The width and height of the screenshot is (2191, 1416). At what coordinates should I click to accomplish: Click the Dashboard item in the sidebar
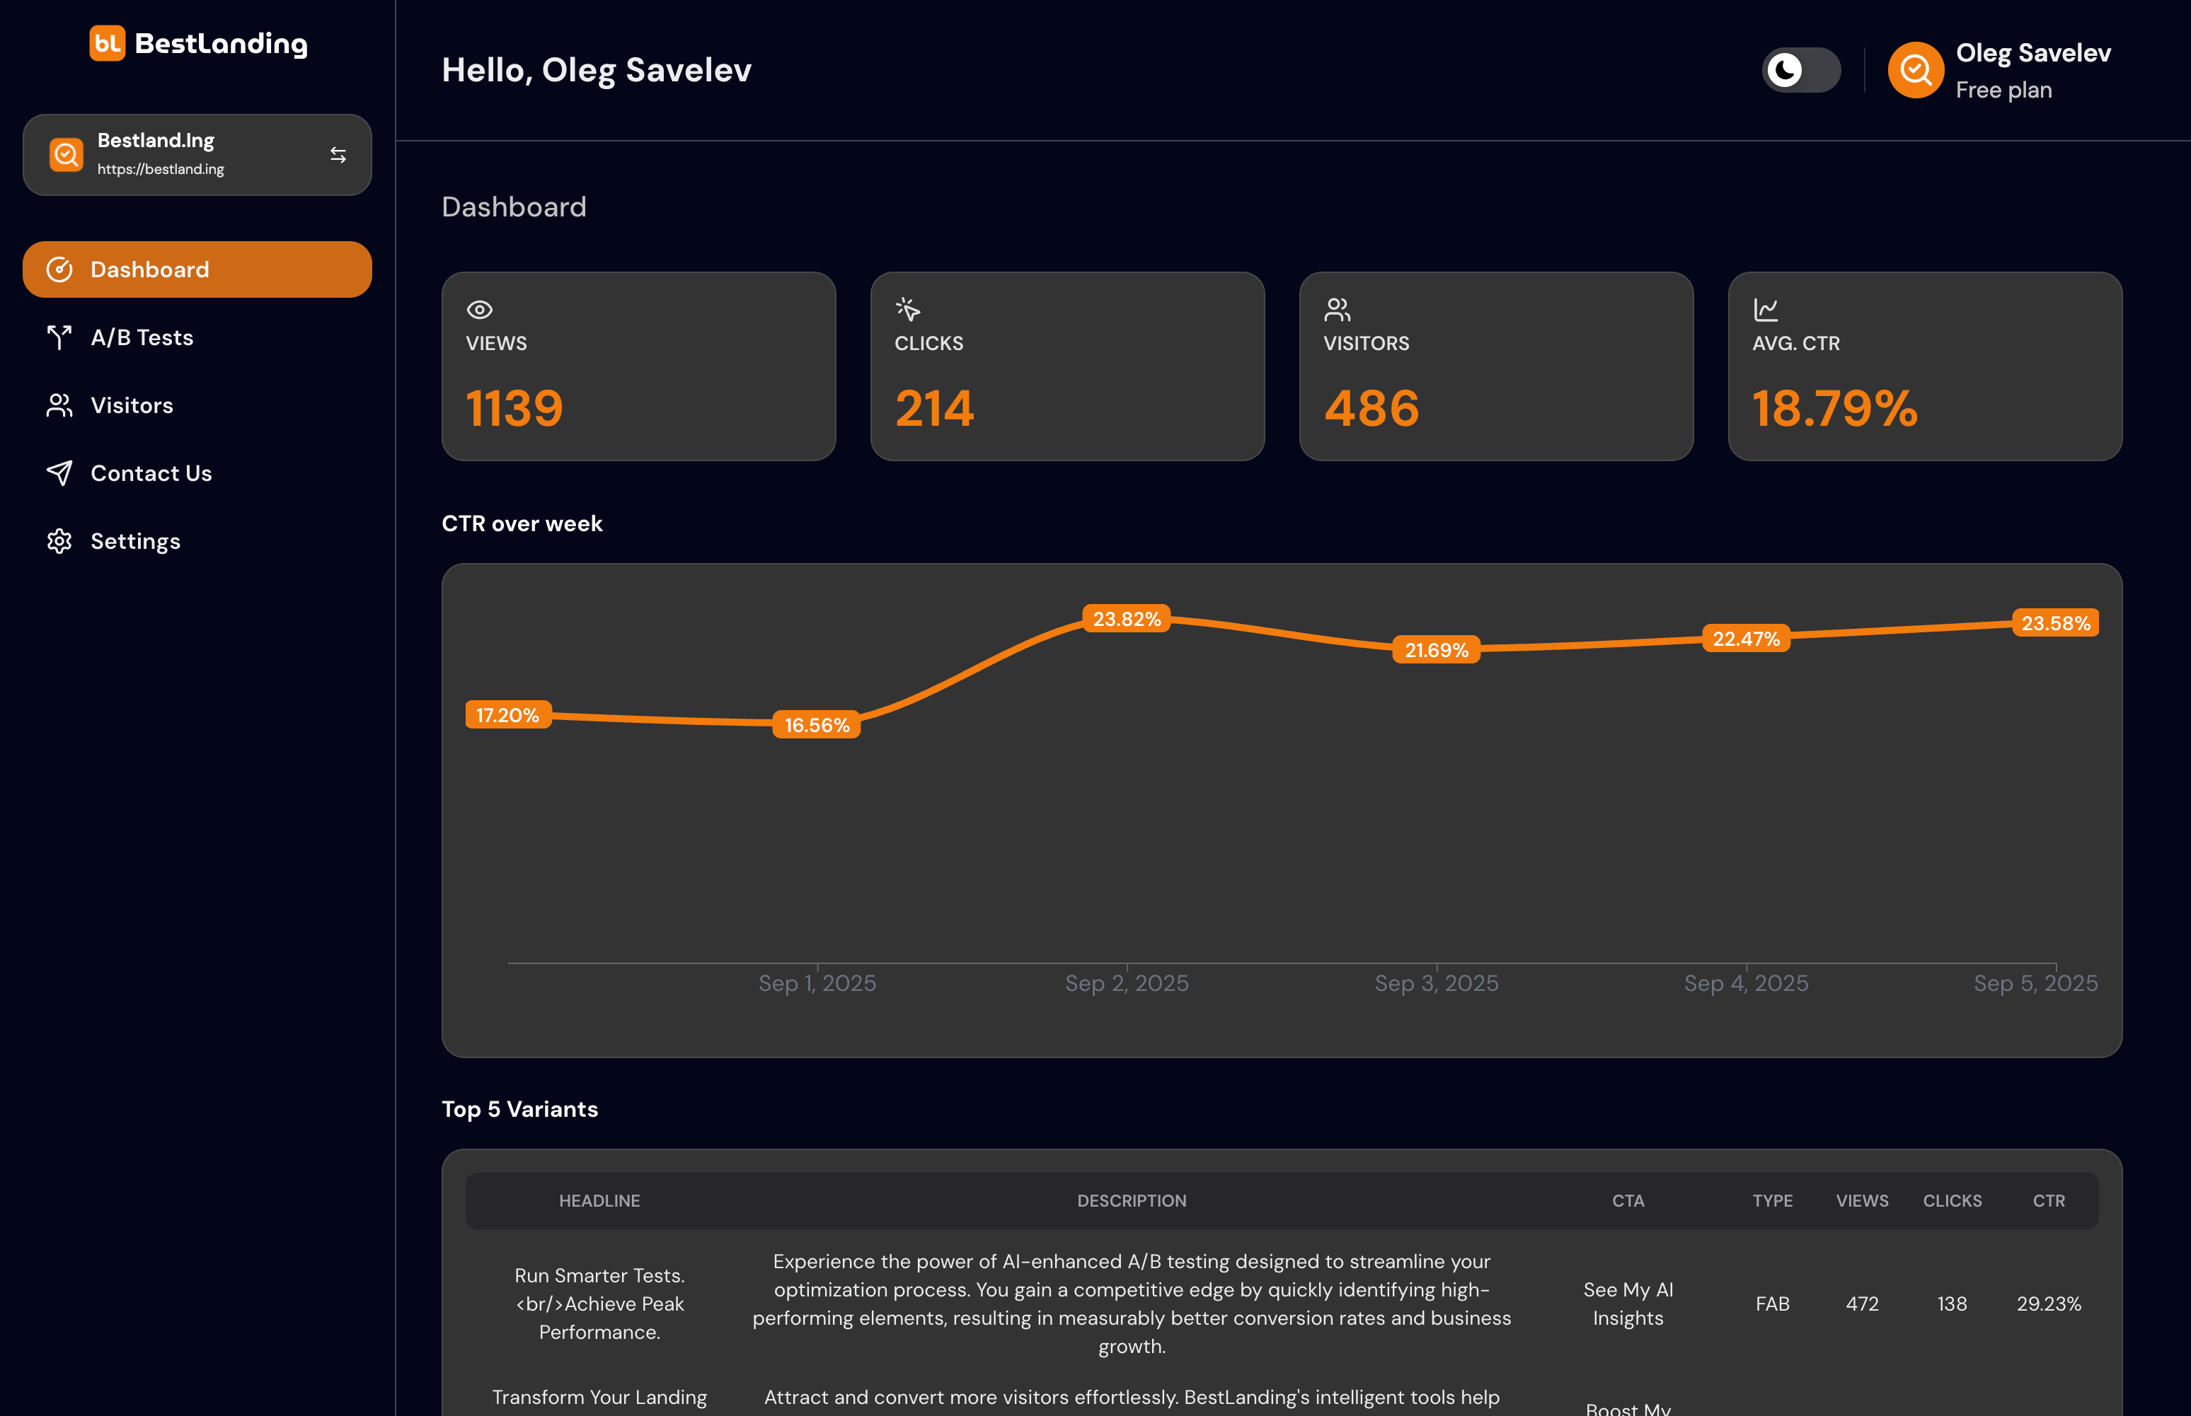click(197, 269)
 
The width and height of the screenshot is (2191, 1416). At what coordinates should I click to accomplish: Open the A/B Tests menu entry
click(142, 337)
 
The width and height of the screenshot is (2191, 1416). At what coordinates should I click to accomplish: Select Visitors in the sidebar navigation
click(132, 405)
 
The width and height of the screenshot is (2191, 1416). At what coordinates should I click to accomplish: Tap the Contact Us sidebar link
click(151, 474)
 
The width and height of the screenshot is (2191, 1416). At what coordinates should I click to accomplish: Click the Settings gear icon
click(59, 542)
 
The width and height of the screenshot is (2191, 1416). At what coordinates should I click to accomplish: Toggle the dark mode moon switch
click(1800, 70)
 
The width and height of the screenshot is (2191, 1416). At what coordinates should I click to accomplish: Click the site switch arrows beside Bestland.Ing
click(338, 156)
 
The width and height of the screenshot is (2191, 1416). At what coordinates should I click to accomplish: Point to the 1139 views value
click(514, 408)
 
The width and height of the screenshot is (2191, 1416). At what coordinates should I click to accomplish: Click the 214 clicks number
click(933, 408)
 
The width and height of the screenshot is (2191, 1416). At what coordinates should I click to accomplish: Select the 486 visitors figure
click(1371, 408)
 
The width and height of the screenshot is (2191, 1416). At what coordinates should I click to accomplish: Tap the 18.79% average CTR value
click(1835, 408)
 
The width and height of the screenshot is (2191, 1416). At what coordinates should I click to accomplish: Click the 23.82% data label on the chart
click(1127, 619)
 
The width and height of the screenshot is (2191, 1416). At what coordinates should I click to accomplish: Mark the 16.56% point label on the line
click(817, 724)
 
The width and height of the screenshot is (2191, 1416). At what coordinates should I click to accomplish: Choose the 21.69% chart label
click(1436, 650)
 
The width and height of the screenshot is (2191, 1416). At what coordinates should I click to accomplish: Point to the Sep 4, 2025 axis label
click(1746, 983)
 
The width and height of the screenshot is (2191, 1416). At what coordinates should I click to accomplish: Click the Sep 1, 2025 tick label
click(817, 983)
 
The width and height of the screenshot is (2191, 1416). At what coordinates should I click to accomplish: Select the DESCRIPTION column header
click(1132, 1201)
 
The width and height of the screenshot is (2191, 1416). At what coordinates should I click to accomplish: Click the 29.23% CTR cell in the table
click(2049, 1304)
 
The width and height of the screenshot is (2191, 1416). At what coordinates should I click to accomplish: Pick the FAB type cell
click(1771, 1304)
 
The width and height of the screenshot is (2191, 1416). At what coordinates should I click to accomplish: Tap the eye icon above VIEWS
click(479, 310)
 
